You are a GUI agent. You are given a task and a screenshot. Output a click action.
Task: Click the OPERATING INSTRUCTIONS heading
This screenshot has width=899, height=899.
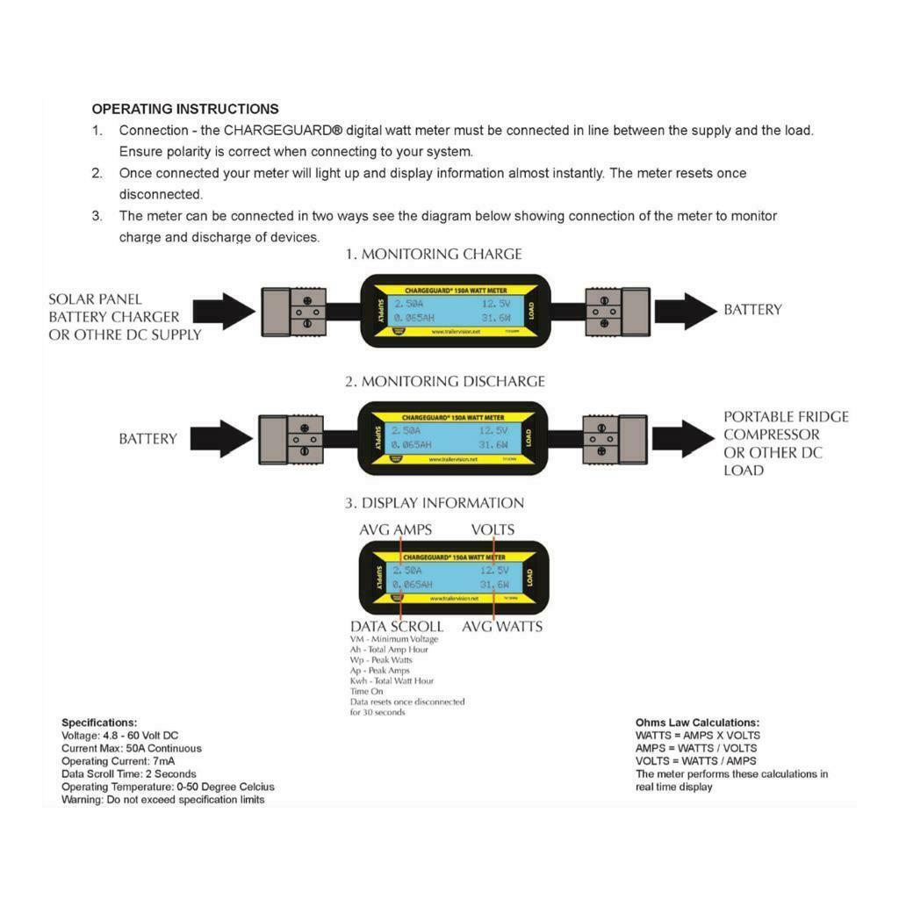tap(185, 109)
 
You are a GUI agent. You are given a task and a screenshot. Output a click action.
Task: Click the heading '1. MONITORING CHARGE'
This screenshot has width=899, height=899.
tap(433, 254)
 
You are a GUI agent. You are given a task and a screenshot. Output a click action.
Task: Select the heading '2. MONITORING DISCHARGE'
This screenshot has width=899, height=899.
tap(444, 381)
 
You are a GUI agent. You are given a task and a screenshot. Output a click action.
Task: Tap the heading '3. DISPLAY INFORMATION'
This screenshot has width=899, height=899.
tap(434, 503)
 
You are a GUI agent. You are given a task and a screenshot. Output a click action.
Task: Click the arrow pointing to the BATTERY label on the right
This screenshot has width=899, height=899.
tap(685, 311)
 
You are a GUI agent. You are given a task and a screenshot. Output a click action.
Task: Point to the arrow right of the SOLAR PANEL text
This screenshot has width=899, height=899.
tap(224, 312)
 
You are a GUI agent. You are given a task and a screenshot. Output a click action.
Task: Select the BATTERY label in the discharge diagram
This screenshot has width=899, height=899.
tap(147, 439)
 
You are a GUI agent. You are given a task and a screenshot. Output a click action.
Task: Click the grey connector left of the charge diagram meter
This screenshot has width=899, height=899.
tap(292, 312)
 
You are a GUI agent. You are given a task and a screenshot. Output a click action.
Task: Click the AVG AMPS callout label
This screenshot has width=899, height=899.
tap(395, 529)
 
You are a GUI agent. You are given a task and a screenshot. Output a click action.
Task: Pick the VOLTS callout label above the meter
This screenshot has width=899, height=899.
tap(493, 529)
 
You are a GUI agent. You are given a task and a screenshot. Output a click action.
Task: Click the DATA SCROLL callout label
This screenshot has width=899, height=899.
tap(397, 627)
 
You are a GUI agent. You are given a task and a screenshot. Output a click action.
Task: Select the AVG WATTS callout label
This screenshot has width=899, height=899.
tap(502, 627)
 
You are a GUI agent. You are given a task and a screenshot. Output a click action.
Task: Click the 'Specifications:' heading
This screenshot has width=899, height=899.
tap(99, 723)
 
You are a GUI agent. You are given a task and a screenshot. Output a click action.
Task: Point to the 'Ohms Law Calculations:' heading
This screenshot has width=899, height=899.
tap(697, 723)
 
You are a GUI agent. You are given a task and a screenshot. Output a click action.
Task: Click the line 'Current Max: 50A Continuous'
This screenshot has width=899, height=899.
tap(132, 749)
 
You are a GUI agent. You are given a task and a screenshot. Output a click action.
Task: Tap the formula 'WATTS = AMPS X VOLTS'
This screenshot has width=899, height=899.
tap(698, 736)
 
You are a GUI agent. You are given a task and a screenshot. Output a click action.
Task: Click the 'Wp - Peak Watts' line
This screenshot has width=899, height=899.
tap(381, 660)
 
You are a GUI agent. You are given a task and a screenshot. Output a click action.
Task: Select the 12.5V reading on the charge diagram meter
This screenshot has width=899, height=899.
tap(494, 305)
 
